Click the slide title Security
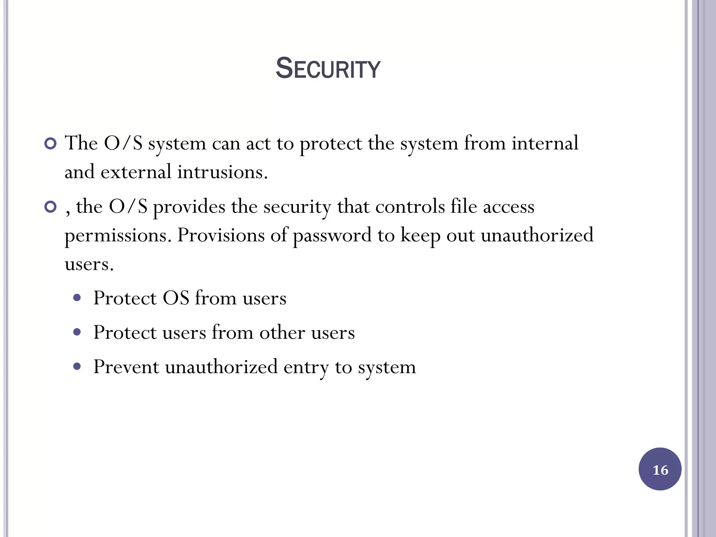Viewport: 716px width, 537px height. (328, 69)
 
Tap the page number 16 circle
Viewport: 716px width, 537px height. (660, 469)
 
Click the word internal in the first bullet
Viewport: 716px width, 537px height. (545, 143)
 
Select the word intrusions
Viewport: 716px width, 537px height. (222, 172)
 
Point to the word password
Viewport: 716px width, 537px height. (332, 236)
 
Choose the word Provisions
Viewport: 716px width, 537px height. (221, 235)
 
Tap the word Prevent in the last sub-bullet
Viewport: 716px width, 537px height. (126, 367)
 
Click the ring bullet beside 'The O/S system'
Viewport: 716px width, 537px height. (51, 144)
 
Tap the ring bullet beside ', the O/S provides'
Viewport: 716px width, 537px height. (51, 207)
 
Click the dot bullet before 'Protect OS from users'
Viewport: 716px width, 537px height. (77, 298)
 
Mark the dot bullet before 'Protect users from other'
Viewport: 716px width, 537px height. (77, 332)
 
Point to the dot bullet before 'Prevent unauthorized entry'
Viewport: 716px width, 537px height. (77, 367)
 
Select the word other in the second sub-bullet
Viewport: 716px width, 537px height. (282, 332)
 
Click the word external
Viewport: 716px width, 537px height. (136, 172)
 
